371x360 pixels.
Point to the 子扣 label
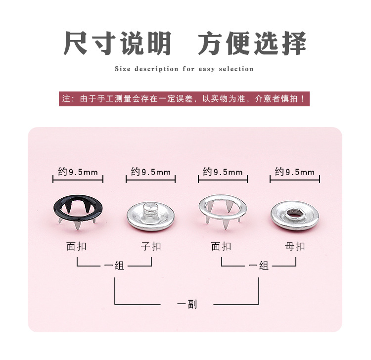(151, 246)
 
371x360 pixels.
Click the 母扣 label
(295, 246)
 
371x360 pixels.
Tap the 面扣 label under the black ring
(76, 246)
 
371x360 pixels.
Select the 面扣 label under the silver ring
(221, 246)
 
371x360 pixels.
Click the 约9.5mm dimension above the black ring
(78, 172)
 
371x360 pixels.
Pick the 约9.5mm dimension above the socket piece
(295, 172)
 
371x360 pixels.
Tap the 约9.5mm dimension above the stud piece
(151, 172)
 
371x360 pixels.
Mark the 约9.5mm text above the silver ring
(223, 172)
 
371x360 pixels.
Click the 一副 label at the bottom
(187, 304)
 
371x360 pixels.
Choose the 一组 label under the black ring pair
(114, 266)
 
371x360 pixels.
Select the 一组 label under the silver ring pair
(259, 266)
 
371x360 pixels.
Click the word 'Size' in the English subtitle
(123, 69)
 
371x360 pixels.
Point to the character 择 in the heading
(294, 44)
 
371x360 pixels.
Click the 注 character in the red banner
(66, 98)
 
